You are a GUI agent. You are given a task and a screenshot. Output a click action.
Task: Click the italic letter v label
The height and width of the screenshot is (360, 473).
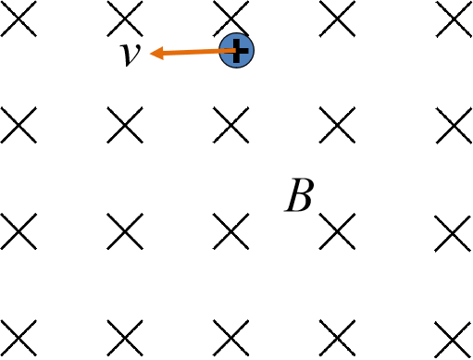coord(130,55)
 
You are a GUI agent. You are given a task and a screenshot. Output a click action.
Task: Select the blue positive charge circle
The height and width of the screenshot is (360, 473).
coord(237,51)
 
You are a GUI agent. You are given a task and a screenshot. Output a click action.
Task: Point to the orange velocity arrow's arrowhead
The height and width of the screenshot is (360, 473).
coord(156,54)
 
